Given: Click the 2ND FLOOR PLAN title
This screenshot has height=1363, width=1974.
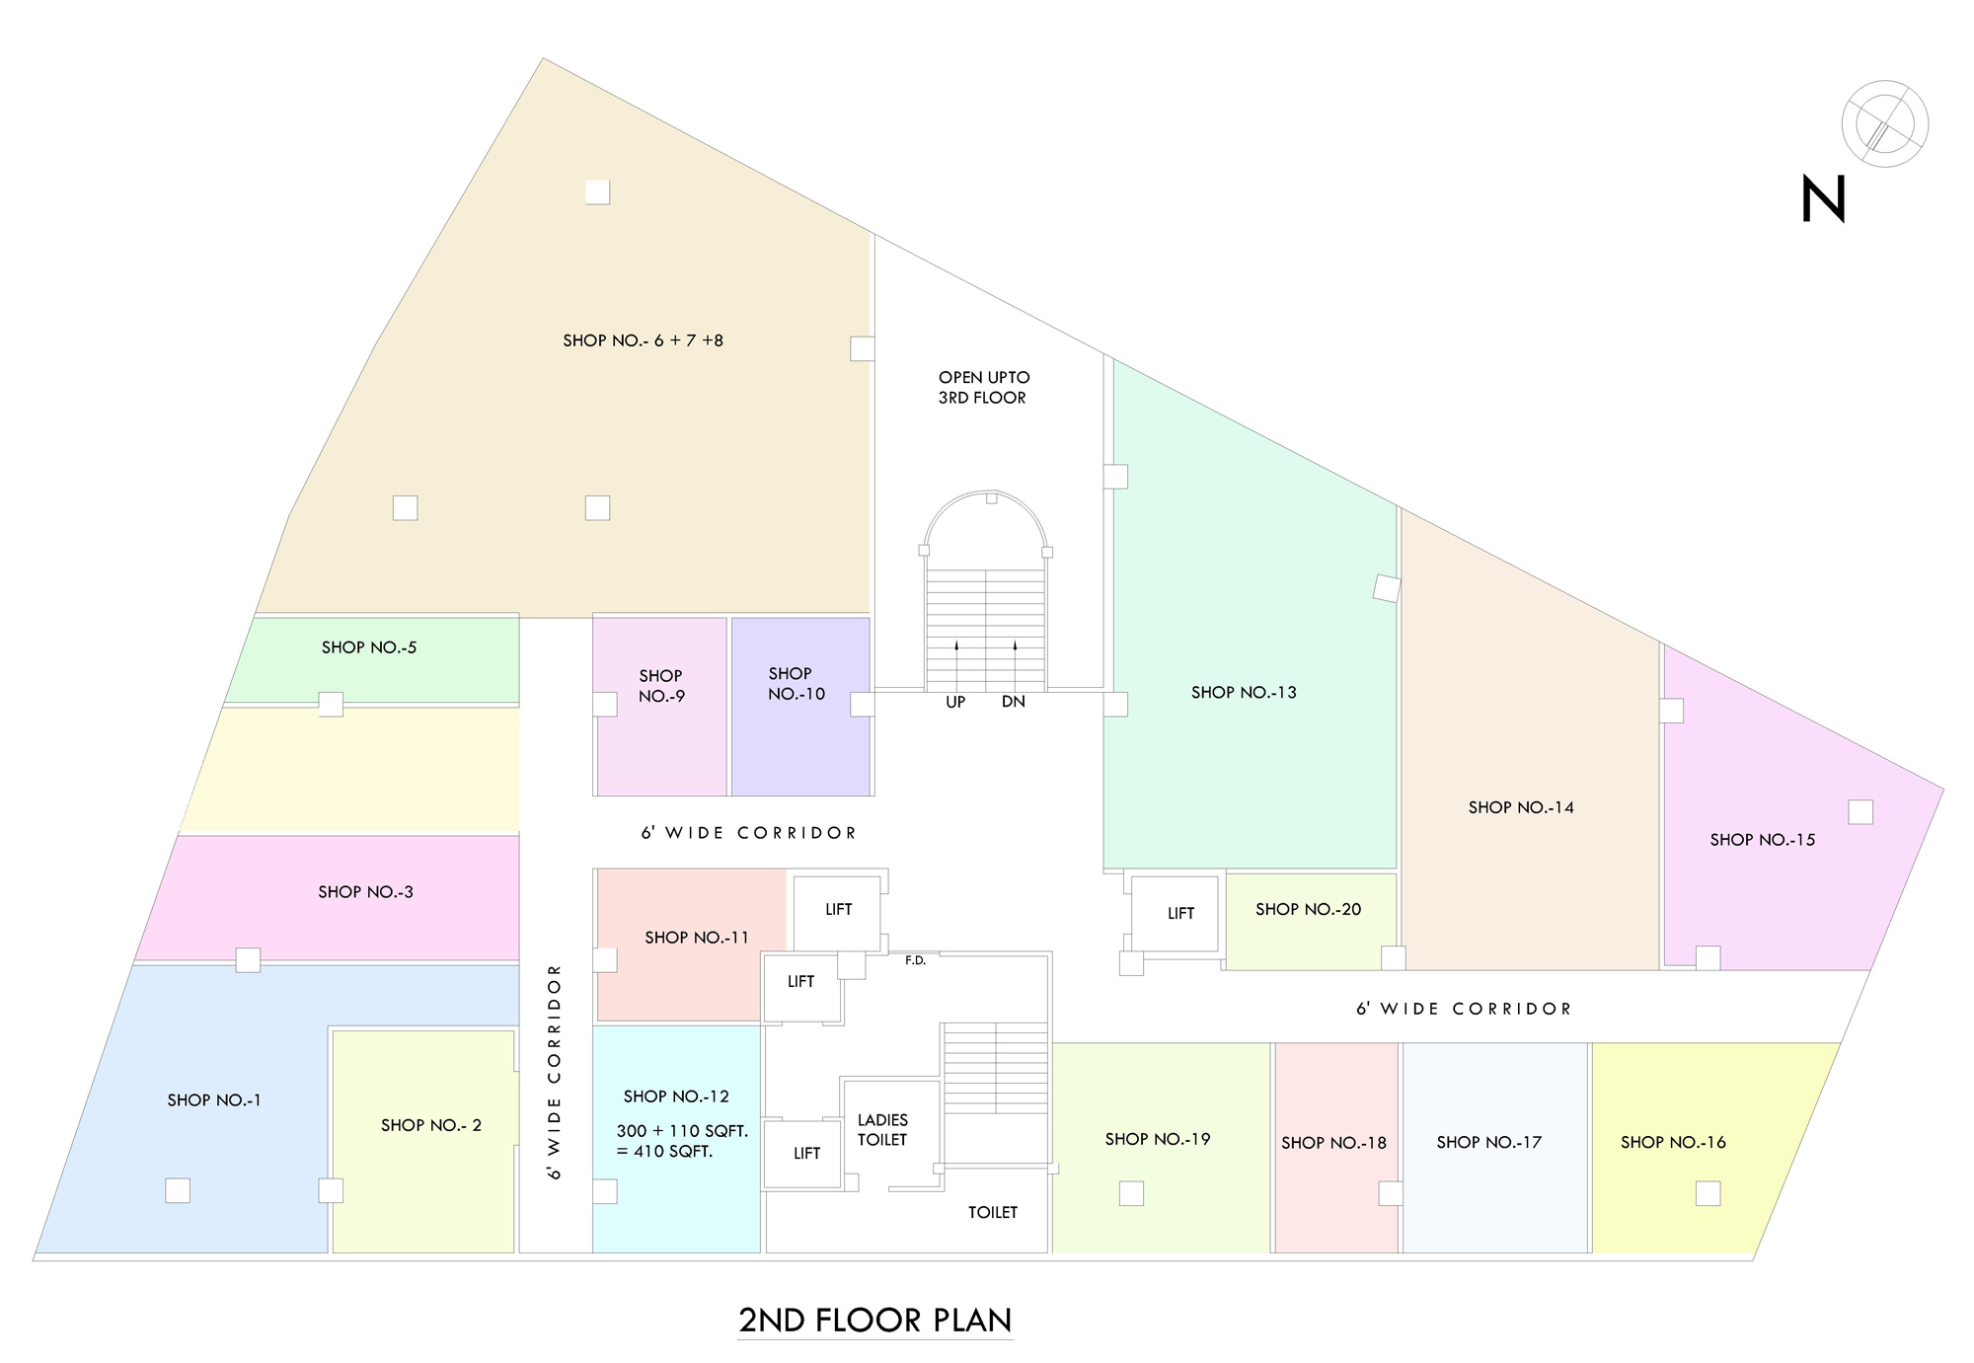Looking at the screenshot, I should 875,1320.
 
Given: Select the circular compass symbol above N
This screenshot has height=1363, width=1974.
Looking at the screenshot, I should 1884,123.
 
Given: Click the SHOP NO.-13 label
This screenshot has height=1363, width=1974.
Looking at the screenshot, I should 1244,693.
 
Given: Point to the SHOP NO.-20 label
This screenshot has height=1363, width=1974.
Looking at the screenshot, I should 1308,909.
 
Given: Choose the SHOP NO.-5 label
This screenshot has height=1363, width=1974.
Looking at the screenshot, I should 369,647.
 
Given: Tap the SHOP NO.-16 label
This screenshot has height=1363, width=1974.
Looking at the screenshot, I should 1673,1142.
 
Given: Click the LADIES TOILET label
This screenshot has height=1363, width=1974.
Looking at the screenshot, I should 882,1130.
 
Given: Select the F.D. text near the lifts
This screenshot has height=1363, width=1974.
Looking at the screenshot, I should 916,960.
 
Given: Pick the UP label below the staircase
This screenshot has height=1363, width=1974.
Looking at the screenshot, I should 955,702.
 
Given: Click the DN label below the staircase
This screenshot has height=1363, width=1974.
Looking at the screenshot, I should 1014,702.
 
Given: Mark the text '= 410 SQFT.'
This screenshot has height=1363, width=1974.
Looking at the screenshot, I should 664,1152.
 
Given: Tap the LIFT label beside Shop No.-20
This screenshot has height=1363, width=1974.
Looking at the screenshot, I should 1180,914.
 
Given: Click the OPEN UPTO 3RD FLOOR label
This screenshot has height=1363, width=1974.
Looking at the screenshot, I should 983,387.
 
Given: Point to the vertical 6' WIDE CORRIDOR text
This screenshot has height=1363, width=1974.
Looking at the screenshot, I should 555,1071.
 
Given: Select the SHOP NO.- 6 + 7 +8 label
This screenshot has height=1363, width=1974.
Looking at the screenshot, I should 643,341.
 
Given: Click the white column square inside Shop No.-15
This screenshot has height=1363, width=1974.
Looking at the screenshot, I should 1860,811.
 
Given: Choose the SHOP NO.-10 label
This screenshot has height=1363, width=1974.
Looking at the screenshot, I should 796,683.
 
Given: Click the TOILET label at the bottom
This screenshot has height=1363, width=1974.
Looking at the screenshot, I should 992,1212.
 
